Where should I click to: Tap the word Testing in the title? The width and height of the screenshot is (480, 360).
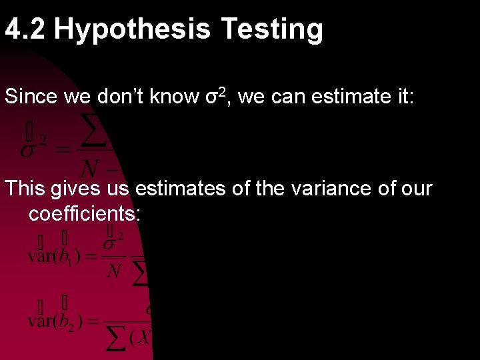tap(272, 29)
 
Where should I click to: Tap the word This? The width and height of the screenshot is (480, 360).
tap(25, 189)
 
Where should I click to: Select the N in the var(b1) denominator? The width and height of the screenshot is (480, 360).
tap(114, 271)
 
